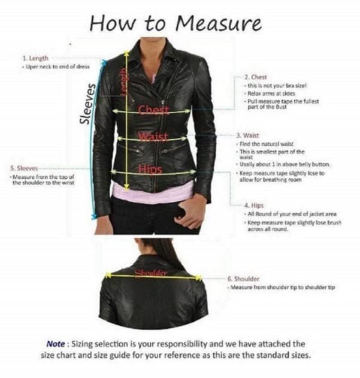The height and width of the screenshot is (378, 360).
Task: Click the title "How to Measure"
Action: pyautogui.click(x=176, y=23)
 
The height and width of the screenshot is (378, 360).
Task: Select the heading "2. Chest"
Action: pyautogui.click(x=255, y=78)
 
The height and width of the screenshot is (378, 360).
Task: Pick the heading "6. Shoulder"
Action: pyautogui.click(x=243, y=279)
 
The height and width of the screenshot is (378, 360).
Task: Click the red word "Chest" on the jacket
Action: pyautogui.click(x=154, y=110)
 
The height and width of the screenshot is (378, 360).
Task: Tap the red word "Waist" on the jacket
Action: pyautogui.click(x=151, y=137)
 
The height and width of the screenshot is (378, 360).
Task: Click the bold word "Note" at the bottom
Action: pyautogui.click(x=58, y=344)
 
